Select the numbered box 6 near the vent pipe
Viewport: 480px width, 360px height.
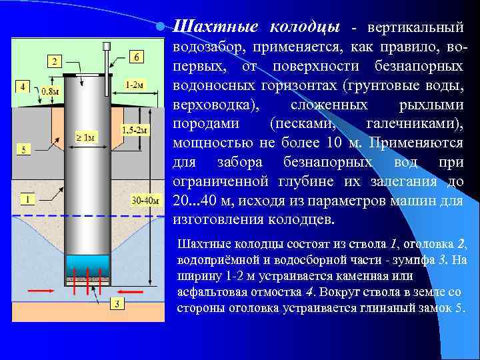point(136,57)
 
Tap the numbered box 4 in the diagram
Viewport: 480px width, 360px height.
point(23,87)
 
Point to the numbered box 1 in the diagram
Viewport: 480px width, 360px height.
point(27,199)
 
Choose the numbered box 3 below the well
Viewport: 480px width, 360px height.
point(115,304)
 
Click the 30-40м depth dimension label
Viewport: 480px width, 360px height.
point(145,199)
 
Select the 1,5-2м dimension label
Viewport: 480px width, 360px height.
point(135,129)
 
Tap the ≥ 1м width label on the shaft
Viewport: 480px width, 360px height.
point(85,137)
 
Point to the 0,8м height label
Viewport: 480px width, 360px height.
point(48,91)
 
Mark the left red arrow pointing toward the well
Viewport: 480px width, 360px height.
point(41,291)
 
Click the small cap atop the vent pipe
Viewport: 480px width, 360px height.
point(105,47)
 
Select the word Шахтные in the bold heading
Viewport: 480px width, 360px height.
point(216,27)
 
